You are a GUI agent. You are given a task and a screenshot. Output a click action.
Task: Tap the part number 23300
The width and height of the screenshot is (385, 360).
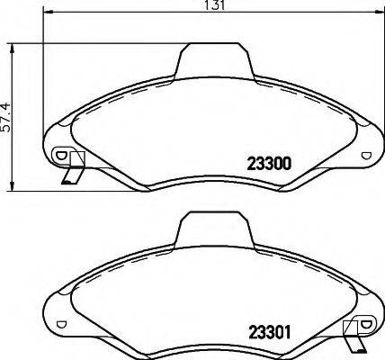tap(266, 164)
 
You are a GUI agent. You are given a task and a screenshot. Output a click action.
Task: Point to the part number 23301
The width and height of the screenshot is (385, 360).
tap(266, 329)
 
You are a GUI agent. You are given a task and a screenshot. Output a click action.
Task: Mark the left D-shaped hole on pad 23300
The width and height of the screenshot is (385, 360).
tap(62, 154)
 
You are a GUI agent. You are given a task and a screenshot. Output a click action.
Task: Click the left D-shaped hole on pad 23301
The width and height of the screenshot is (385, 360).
tap(62, 322)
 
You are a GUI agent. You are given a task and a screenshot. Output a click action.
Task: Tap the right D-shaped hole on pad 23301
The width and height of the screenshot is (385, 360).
tap(363, 323)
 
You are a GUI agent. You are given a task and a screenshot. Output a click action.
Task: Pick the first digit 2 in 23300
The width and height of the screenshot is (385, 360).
tap(249, 164)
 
